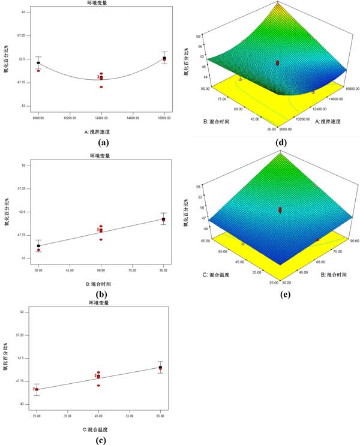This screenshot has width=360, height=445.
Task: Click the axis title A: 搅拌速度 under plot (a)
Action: (x=101, y=129)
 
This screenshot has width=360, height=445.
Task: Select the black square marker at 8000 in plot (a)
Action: (x=38, y=63)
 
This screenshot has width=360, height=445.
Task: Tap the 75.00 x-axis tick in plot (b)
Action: (x=132, y=264)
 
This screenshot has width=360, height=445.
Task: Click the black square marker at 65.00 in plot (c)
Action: (x=160, y=368)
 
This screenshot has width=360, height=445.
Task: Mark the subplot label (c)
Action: (x=99, y=442)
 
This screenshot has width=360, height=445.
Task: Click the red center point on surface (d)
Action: (x=278, y=62)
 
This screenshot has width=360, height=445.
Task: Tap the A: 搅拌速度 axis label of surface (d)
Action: (x=322, y=121)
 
